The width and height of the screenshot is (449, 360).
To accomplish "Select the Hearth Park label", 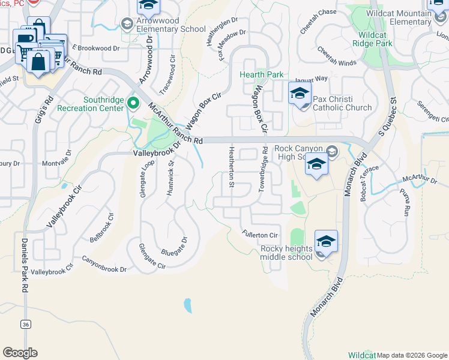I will pos(261,75).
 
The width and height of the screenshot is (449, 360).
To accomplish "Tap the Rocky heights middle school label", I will pos(286,253).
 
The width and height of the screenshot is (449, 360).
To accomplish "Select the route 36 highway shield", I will pos(25,325).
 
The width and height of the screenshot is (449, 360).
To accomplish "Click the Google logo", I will pos(20,353).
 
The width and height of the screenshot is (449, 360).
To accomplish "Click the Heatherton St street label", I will pos(231,167).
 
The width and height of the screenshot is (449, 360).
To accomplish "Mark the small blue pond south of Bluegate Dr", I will pos(188,306).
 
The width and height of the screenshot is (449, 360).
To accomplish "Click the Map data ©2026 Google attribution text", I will pos(412,355).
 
